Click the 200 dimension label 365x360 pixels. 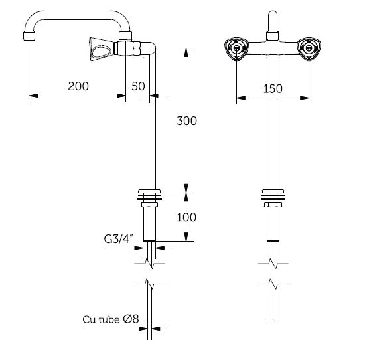[78, 86]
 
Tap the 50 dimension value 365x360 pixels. [138, 86]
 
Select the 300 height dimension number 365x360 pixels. [186, 121]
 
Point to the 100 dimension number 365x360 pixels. [186, 217]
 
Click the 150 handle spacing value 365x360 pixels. [273, 89]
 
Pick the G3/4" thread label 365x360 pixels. [119, 239]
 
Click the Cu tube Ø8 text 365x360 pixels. [111, 319]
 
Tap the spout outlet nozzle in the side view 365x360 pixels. [29, 36]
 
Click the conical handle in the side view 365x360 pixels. [102, 49]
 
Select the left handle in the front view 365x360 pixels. [236, 48]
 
